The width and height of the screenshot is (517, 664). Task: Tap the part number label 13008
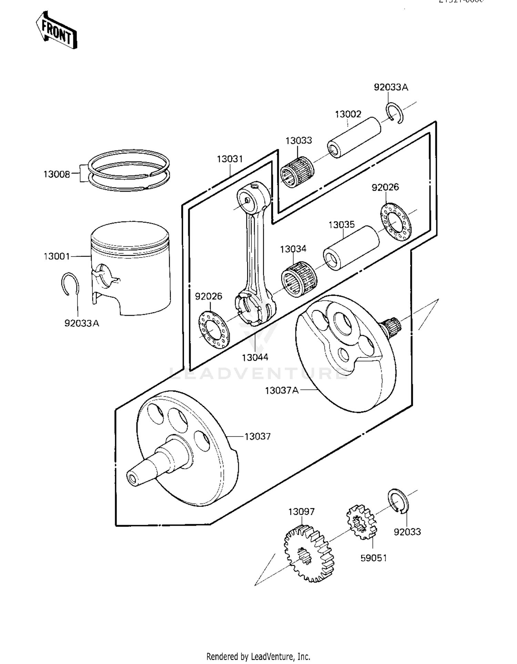pos(57,174)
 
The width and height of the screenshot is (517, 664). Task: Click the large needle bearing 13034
pos(299,279)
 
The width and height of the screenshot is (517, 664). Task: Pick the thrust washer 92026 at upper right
pos(396,222)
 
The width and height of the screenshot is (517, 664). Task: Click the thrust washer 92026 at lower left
pos(213,329)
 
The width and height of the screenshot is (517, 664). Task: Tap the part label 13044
pos(255,358)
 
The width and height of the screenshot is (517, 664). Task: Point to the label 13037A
pos(282,391)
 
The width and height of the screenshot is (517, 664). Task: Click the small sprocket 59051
pos(361,523)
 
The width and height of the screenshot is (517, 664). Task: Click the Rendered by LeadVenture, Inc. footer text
pos(258,656)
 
